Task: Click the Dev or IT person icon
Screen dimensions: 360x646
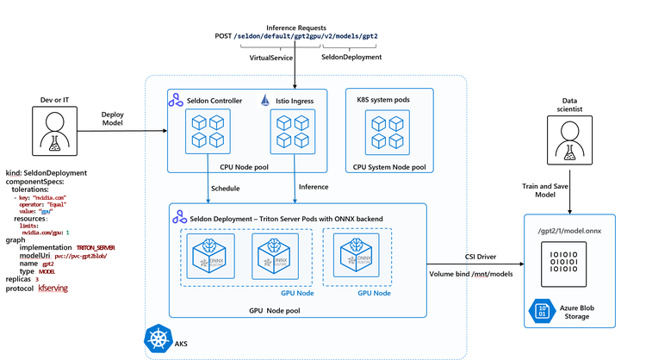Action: click(x=47, y=133)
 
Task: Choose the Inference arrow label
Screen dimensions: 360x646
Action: click(x=314, y=187)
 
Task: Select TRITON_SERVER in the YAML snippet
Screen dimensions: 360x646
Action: click(x=90, y=247)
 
